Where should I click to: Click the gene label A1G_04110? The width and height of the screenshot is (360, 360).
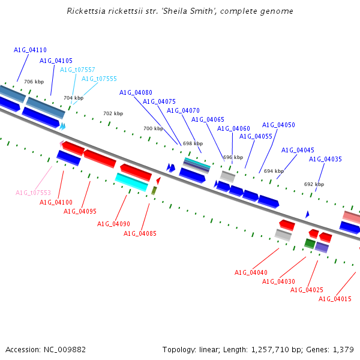pos(30,50)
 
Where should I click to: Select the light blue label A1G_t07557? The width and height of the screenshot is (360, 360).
pos(77,70)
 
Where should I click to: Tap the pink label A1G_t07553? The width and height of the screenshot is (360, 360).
pos(33,193)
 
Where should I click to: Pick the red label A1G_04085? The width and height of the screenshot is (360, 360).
pos(140,233)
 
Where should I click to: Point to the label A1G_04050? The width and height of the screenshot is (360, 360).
pos(278,125)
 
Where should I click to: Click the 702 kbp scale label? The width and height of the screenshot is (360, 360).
pos(113,113)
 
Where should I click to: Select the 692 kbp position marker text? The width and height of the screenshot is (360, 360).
pos(314,184)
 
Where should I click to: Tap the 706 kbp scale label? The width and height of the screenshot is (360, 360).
pos(34,82)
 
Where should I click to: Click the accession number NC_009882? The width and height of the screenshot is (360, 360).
pos(65,350)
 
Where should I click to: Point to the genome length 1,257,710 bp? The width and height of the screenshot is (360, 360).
pos(270,350)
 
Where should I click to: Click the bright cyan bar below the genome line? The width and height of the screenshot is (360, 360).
pos(131,182)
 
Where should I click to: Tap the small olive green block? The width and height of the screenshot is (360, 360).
pos(154,191)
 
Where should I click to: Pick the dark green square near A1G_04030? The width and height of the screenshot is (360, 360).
pos(310,244)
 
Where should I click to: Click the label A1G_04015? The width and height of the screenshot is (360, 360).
pos(335,299)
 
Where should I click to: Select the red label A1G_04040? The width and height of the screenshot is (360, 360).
pos(251,272)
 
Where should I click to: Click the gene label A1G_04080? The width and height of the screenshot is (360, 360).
pos(136,92)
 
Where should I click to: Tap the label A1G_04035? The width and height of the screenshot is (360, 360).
pos(325,159)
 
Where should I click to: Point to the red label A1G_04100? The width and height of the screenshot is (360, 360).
pos(56,202)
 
